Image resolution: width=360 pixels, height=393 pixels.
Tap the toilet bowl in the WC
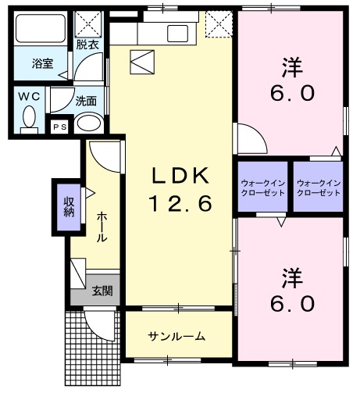[x=30, y=118]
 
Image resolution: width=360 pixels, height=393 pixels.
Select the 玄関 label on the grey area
[x=102, y=291]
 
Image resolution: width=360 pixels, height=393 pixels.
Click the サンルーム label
[x=177, y=337]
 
